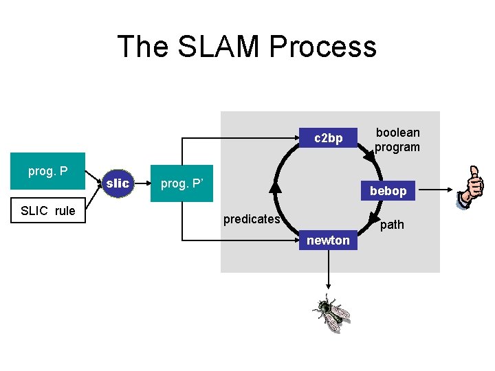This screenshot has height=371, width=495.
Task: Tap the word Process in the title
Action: pos(323,47)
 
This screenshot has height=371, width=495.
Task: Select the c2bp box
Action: pos(329,138)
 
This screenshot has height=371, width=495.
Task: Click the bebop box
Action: pos(388,190)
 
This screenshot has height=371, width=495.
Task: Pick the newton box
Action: pos(328,240)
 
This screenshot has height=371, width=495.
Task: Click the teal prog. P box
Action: pos(47,171)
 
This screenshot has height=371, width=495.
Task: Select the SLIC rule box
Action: pos(47,211)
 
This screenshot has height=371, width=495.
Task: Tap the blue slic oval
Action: pos(118,183)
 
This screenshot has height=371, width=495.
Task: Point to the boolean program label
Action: pos(397,139)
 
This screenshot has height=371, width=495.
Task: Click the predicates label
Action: pos(252,219)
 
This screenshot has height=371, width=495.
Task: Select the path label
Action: pos(392,225)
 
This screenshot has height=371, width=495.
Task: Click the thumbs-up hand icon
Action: pos(471,187)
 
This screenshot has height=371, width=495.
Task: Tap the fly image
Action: pos(331,313)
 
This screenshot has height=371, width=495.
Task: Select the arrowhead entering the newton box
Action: pos(296,240)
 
